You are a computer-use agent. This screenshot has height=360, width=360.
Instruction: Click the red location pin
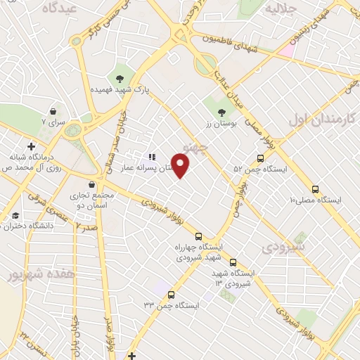(181, 166)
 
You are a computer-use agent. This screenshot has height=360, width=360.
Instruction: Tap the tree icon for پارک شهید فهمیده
(120, 79)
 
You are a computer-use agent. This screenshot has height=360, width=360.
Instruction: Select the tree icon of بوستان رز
(222, 112)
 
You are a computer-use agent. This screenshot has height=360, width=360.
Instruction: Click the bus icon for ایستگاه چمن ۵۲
(261, 159)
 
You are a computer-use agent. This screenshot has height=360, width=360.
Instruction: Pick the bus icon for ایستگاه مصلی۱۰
(314, 189)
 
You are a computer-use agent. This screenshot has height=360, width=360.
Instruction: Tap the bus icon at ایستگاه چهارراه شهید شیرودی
(198, 236)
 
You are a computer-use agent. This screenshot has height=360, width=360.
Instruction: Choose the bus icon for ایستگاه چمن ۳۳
(171, 295)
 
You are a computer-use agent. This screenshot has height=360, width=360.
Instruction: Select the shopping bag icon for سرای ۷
(53, 111)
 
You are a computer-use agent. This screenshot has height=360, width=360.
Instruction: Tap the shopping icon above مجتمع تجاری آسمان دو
(91, 184)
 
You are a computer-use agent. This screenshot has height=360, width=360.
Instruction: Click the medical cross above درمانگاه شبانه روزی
(31, 146)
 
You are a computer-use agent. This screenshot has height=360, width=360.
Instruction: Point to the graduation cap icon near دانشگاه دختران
(15, 215)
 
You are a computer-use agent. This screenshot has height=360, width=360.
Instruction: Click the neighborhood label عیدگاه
(58, 8)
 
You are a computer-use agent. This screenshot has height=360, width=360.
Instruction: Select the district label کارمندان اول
(323, 117)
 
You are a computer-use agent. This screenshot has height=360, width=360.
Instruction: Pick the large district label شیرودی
(283, 247)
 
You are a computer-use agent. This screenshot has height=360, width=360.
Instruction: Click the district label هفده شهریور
(30, 273)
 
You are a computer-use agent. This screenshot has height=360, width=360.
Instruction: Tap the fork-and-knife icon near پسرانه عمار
(151, 157)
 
